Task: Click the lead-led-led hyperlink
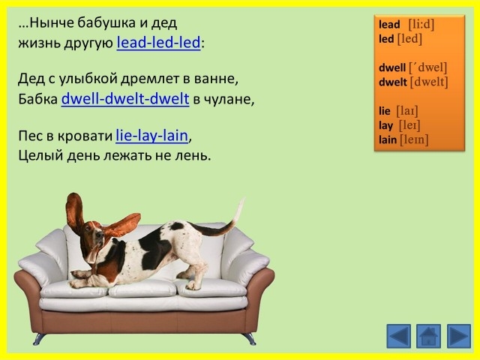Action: [158, 42]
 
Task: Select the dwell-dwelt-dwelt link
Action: [125, 98]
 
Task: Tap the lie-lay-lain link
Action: [151, 136]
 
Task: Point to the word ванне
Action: [215, 79]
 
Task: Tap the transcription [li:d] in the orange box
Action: [421, 24]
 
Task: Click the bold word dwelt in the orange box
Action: [393, 82]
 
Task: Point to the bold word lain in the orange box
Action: [388, 140]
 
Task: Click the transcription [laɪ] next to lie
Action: [407, 111]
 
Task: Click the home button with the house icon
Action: [428, 336]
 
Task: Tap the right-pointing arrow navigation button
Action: [459, 336]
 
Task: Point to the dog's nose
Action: [100, 235]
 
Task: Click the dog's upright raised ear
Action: [74, 211]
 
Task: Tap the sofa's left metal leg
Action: [38, 339]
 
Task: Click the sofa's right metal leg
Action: [250, 339]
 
